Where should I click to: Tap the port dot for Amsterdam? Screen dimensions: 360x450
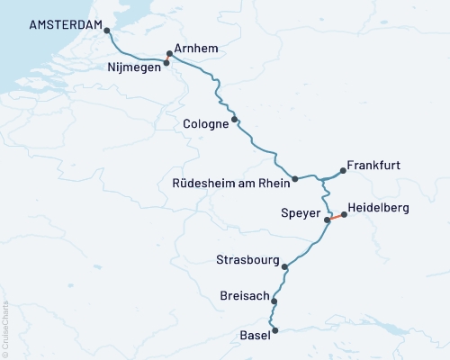pyautogui.click(x=107, y=30)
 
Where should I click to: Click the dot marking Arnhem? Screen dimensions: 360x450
pyautogui.click(x=169, y=53)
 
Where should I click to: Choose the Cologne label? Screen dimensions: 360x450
pyautogui.click(x=205, y=123)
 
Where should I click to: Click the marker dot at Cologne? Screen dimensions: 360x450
pyautogui.click(x=235, y=119)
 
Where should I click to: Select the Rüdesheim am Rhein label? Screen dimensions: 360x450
pyautogui.click(x=230, y=184)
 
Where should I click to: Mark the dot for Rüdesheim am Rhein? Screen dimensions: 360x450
pyautogui.click(x=295, y=178)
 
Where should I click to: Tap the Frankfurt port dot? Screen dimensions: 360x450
pyautogui.click(x=343, y=168)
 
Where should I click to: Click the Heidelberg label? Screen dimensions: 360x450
pyautogui.click(x=378, y=208)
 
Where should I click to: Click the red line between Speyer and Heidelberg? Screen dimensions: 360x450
pyautogui.click(x=336, y=217)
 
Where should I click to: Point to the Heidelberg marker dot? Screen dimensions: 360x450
pyautogui.click(x=344, y=214)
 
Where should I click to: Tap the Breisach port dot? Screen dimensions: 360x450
pyautogui.click(x=274, y=302)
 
